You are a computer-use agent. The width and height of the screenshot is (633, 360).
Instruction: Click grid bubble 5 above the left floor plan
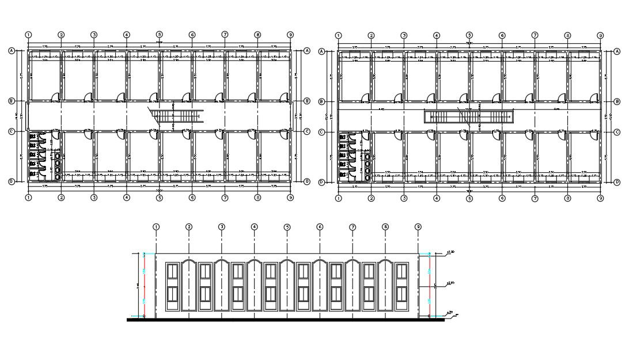pyautogui.click(x=160, y=35)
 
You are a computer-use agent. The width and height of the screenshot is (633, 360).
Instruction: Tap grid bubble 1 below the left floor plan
pyautogui.click(x=28, y=198)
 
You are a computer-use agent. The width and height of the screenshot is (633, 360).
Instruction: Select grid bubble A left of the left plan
pyautogui.click(x=12, y=51)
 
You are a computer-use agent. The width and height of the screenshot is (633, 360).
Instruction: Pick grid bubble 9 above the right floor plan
pyautogui.click(x=600, y=35)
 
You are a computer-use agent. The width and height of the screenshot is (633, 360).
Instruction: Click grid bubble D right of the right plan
pyautogui.click(x=617, y=182)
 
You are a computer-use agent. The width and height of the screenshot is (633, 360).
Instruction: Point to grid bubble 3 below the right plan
pyautogui.click(x=404, y=198)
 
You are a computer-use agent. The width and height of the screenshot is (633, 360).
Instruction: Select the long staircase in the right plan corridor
pyautogui.click(x=468, y=117)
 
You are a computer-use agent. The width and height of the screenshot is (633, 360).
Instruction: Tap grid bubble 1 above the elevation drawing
pyautogui.click(x=156, y=227)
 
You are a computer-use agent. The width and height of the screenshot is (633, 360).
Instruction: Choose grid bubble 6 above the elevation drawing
pyautogui.click(x=320, y=227)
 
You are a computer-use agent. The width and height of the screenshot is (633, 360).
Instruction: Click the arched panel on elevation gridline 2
pyautogui.click(x=189, y=286)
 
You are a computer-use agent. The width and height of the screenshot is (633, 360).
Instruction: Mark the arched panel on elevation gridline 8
pyautogui.click(x=385, y=286)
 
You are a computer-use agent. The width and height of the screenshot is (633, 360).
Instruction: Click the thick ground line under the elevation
pyautogui.click(x=285, y=320)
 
